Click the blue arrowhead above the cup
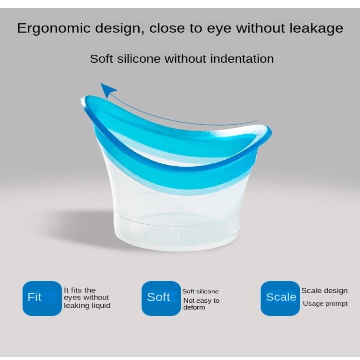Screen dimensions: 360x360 108,90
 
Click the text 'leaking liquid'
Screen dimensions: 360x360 87,306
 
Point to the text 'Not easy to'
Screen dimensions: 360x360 201,301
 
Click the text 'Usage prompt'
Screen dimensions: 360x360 325,304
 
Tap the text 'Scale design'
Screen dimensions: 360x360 324,291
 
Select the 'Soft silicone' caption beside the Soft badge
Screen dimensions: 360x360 200,292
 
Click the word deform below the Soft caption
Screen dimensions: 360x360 194,307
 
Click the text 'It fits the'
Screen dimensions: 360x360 80,290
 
